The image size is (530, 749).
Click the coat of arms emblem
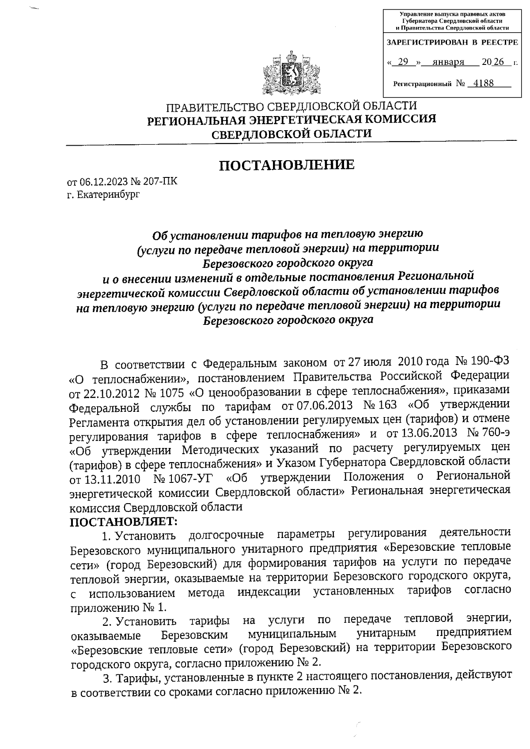[x=291, y=73]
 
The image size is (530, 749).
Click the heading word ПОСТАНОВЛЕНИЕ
[x=287, y=165]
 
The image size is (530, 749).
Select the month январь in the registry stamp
[x=449, y=62]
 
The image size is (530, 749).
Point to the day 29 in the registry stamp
[x=402, y=62]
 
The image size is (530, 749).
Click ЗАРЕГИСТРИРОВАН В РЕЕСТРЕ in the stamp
[x=451, y=43]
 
